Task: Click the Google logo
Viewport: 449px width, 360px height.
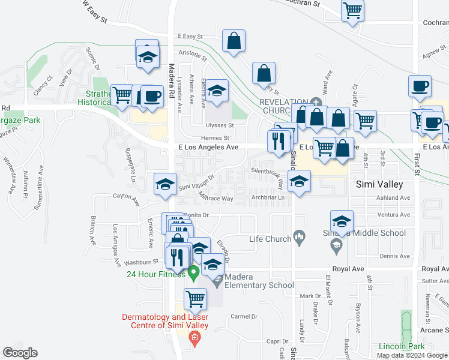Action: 20,353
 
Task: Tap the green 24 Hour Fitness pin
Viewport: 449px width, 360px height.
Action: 193,274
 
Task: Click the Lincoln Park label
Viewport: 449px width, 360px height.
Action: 402,346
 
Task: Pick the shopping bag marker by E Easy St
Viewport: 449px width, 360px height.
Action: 234,41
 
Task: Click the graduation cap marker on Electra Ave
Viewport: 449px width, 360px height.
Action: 217,90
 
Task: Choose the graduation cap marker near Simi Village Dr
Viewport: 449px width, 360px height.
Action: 165,184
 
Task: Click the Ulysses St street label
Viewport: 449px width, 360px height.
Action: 220,125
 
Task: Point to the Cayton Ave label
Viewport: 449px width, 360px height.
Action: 126,196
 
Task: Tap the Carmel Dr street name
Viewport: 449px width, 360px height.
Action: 244,316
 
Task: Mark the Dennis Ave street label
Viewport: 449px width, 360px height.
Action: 395,256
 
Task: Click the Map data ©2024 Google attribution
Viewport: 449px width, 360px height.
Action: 412,355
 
